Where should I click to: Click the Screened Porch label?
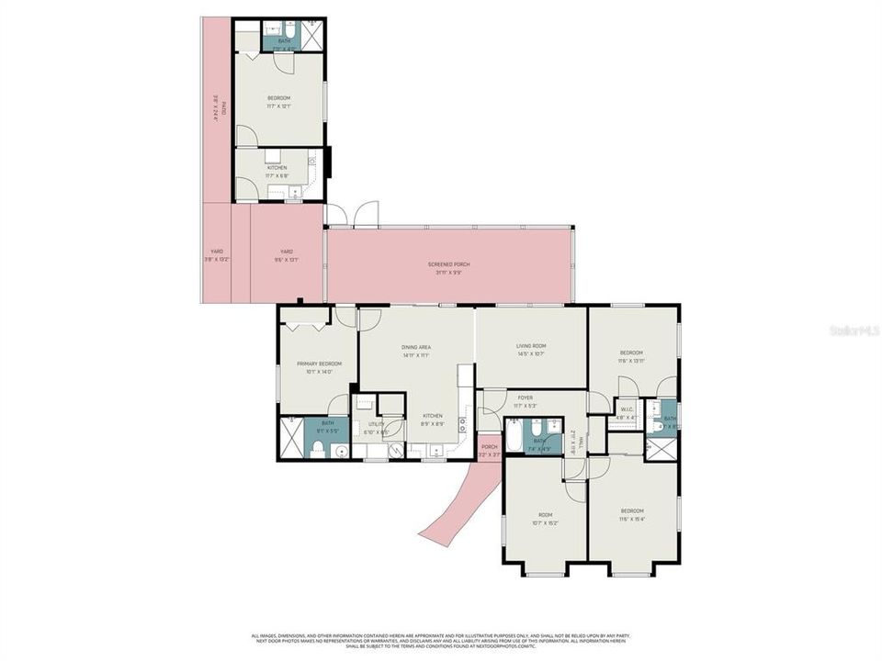[x=448, y=263]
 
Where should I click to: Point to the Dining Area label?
[x=416, y=346]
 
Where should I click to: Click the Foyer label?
[x=526, y=398]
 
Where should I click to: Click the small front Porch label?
[x=489, y=447]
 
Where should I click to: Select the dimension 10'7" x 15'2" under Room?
[x=546, y=522]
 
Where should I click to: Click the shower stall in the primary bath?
[x=291, y=438]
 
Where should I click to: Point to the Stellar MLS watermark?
[x=854, y=328]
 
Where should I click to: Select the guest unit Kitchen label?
[x=277, y=168]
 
